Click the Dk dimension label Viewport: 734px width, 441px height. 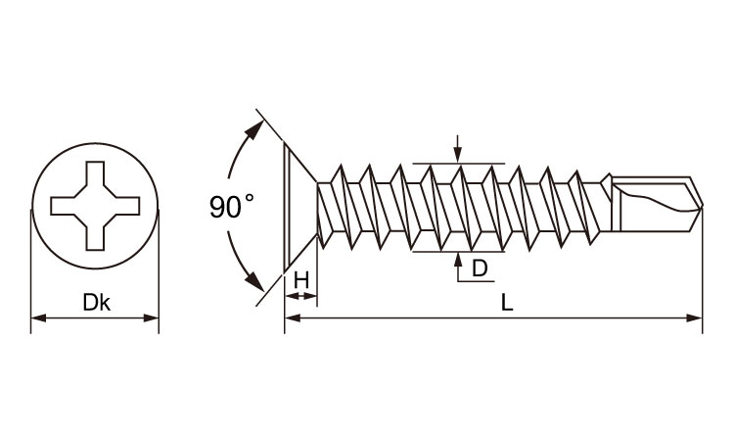point(97,302)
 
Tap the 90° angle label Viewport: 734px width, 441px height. point(232,206)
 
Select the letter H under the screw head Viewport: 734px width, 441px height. point(301,280)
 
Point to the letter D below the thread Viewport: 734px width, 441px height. point(480,269)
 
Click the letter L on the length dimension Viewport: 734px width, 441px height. point(507,303)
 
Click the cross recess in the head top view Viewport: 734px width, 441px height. point(95,206)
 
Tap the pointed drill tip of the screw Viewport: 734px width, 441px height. point(702,205)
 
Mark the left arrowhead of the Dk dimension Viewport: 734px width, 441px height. point(38,318)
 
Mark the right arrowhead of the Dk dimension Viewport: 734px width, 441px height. point(151,318)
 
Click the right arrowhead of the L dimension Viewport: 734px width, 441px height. point(695,318)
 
